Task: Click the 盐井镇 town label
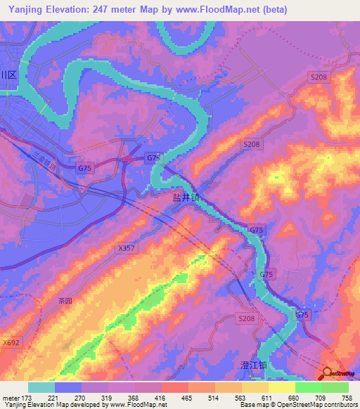coord(186,198)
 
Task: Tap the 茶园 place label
coord(65,300)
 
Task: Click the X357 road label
coord(127,248)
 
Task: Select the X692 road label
coord(11,342)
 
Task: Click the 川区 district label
coord(8,75)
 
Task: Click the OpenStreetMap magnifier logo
coord(328,373)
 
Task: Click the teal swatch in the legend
coord(41,387)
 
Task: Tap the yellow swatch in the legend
coord(281,387)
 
